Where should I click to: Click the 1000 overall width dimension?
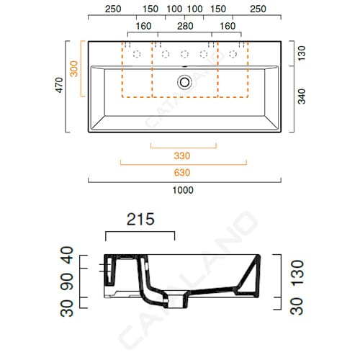183,190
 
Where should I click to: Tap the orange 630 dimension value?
182,173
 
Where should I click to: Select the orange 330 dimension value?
182,156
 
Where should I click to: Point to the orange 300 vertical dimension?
74,68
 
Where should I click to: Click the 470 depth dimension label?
59,85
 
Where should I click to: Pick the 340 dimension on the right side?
302,96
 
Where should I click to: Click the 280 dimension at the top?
185,26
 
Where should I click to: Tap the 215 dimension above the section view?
140,219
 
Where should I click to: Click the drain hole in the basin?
184,82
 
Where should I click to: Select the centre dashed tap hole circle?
184,54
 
